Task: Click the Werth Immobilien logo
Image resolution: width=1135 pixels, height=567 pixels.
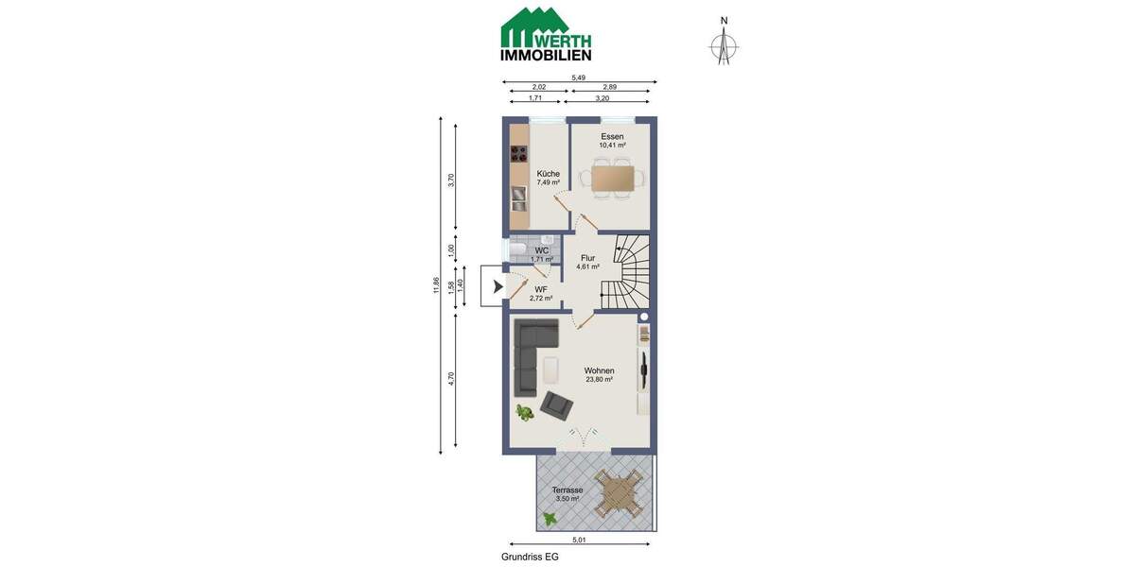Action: (546, 35)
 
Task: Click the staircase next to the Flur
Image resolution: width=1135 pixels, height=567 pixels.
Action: (625, 273)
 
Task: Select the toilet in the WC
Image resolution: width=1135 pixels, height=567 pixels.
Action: (518, 249)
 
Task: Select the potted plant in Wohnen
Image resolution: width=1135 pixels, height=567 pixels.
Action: (524, 412)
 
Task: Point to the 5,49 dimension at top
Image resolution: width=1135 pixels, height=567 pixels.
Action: (579, 77)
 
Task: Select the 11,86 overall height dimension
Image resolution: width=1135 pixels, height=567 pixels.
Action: (436, 285)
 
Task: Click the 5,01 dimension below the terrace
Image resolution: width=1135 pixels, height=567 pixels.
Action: (580, 540)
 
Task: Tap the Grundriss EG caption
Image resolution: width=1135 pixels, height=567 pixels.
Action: (530, 557)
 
